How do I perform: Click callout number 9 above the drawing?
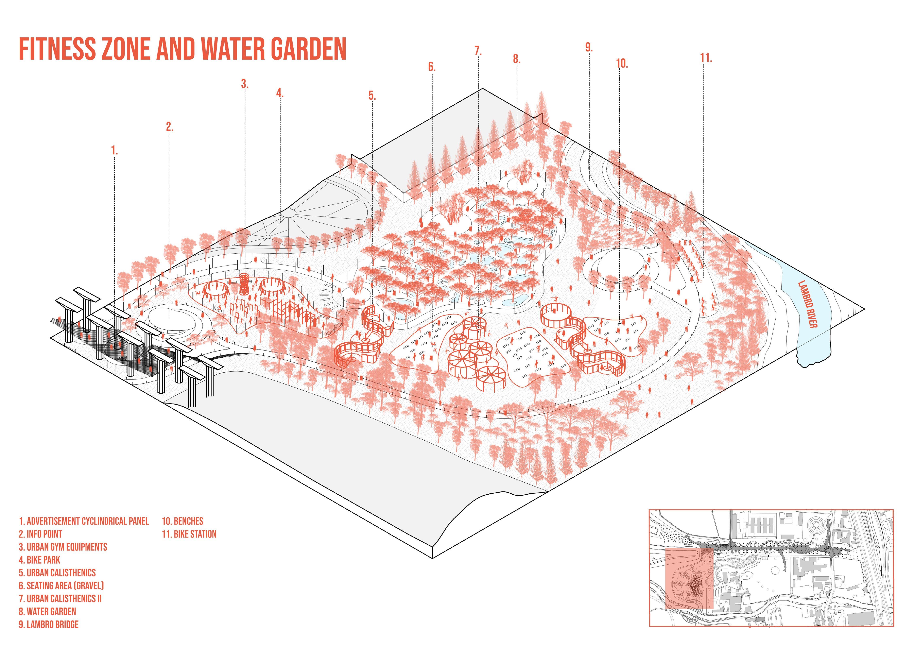click(589, 47)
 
